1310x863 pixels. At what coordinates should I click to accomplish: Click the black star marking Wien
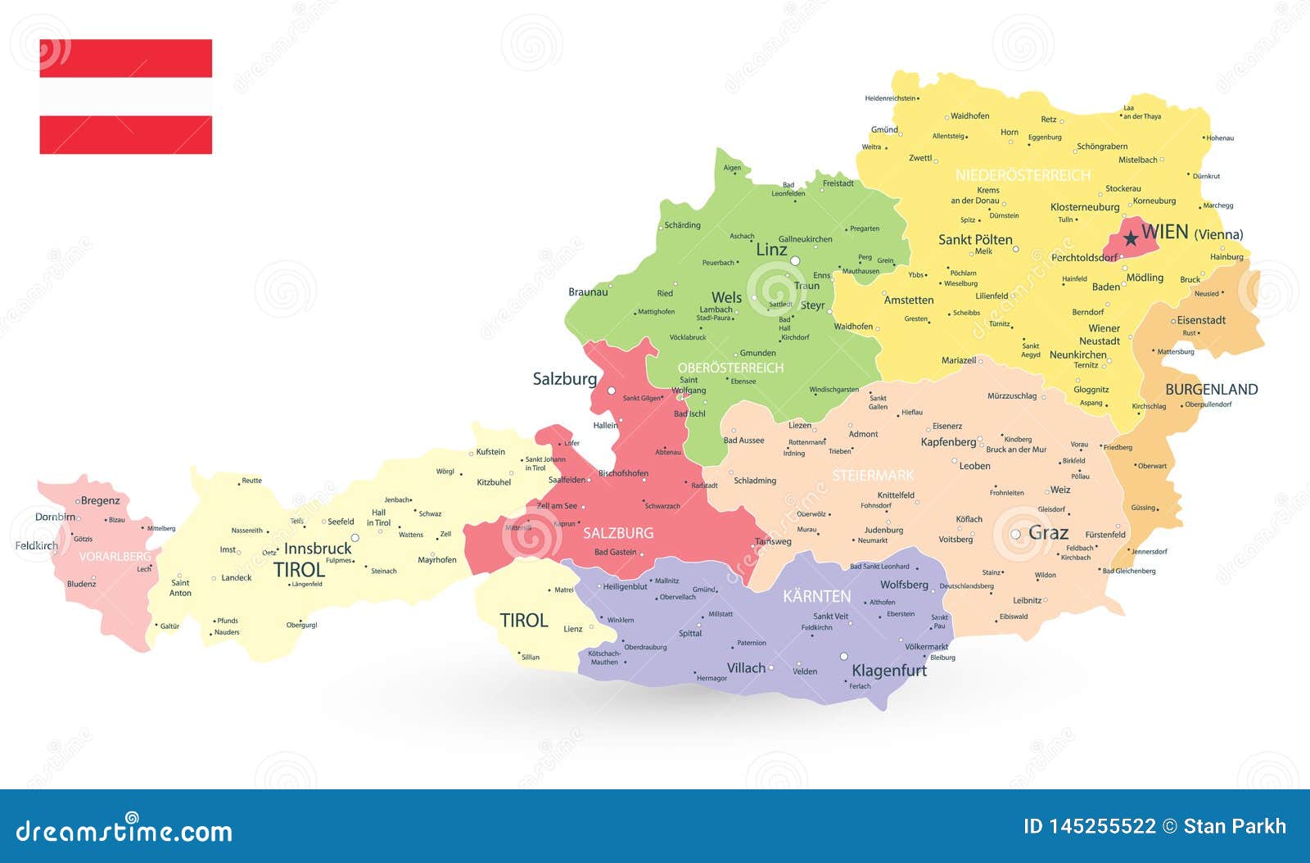[x=1131, y=238]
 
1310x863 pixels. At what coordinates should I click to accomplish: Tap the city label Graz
[x=1048, y=533]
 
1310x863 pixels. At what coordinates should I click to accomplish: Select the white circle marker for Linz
[x=795, y=260]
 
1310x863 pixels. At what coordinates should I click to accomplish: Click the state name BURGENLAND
[x=1211, y=390]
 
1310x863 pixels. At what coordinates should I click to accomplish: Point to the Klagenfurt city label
[x=889, y=671]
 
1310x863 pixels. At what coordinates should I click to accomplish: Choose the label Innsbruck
[x=318, y=549]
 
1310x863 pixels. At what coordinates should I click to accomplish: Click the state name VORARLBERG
[x=115, y=557]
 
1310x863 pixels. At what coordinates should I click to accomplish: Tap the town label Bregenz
[x=101, y=501]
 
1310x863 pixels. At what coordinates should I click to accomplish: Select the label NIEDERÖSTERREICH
[x=1023, y=175]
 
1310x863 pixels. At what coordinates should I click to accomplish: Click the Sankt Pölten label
[x=975, y=240]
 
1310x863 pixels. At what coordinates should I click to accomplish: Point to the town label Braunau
[x=588, y=292]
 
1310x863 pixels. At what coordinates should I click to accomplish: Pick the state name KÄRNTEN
[x=816, y=596]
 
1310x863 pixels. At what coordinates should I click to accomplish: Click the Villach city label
[x=746, y=668]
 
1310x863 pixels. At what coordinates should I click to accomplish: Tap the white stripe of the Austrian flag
[x=126, y=97]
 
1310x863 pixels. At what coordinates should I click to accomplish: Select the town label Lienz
[x=573, y=629]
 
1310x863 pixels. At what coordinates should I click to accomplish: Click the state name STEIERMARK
[x=873, y=476]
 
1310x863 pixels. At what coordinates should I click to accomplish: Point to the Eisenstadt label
[x=1201, y=320]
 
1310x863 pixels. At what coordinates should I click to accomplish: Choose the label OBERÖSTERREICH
[x=730, y=368]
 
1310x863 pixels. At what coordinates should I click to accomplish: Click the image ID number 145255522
[x=1102, y=827]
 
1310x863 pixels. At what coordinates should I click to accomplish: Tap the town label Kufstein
[x=490, y=452]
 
